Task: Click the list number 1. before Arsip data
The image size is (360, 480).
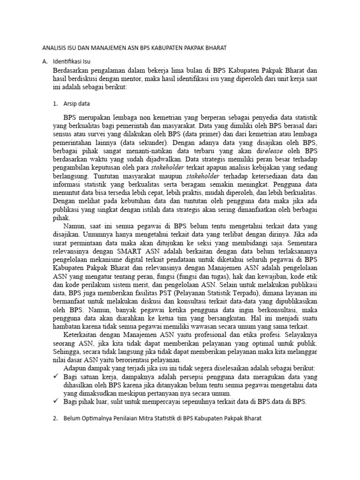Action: pyautogui.click(x=55, y=104)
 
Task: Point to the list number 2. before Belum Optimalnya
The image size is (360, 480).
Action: pyautogui.click(x=55, y=418)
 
